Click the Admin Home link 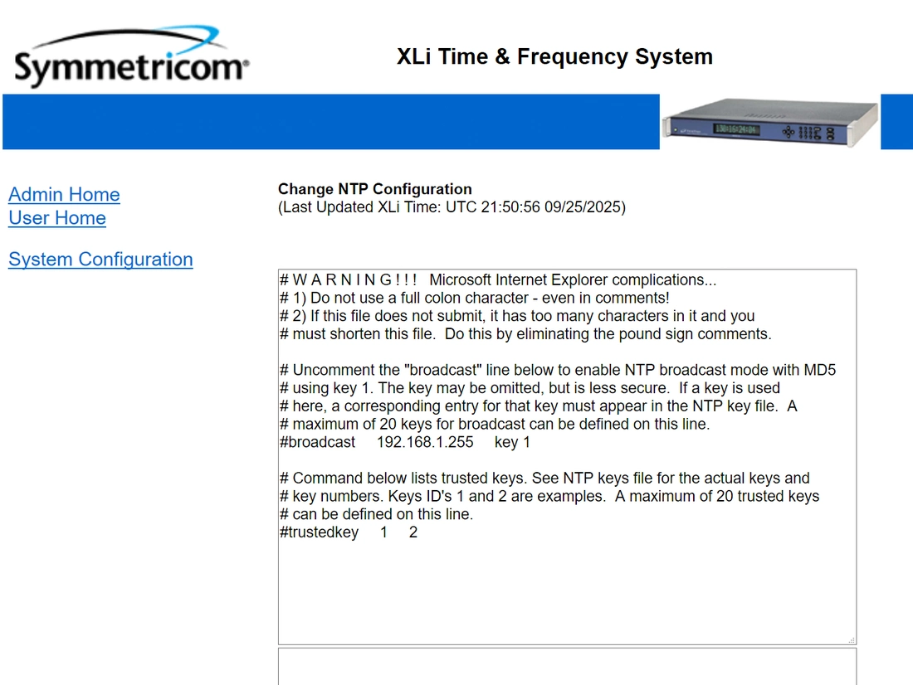point(64,194)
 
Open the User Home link point(57,217)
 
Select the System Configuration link point(100,259)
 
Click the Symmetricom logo point(132,57)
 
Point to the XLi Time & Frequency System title point(555,56)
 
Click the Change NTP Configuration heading point(375,189)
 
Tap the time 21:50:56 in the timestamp point(510,207)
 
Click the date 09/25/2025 point(583,207)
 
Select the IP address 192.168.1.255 point(425,442)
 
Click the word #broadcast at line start point(317,442)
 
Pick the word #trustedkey point(319,532)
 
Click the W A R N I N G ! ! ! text point(354,280)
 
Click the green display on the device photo point(736,129)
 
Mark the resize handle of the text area point(852,640)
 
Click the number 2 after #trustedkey point(413,532)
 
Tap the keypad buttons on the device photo point(811,133)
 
